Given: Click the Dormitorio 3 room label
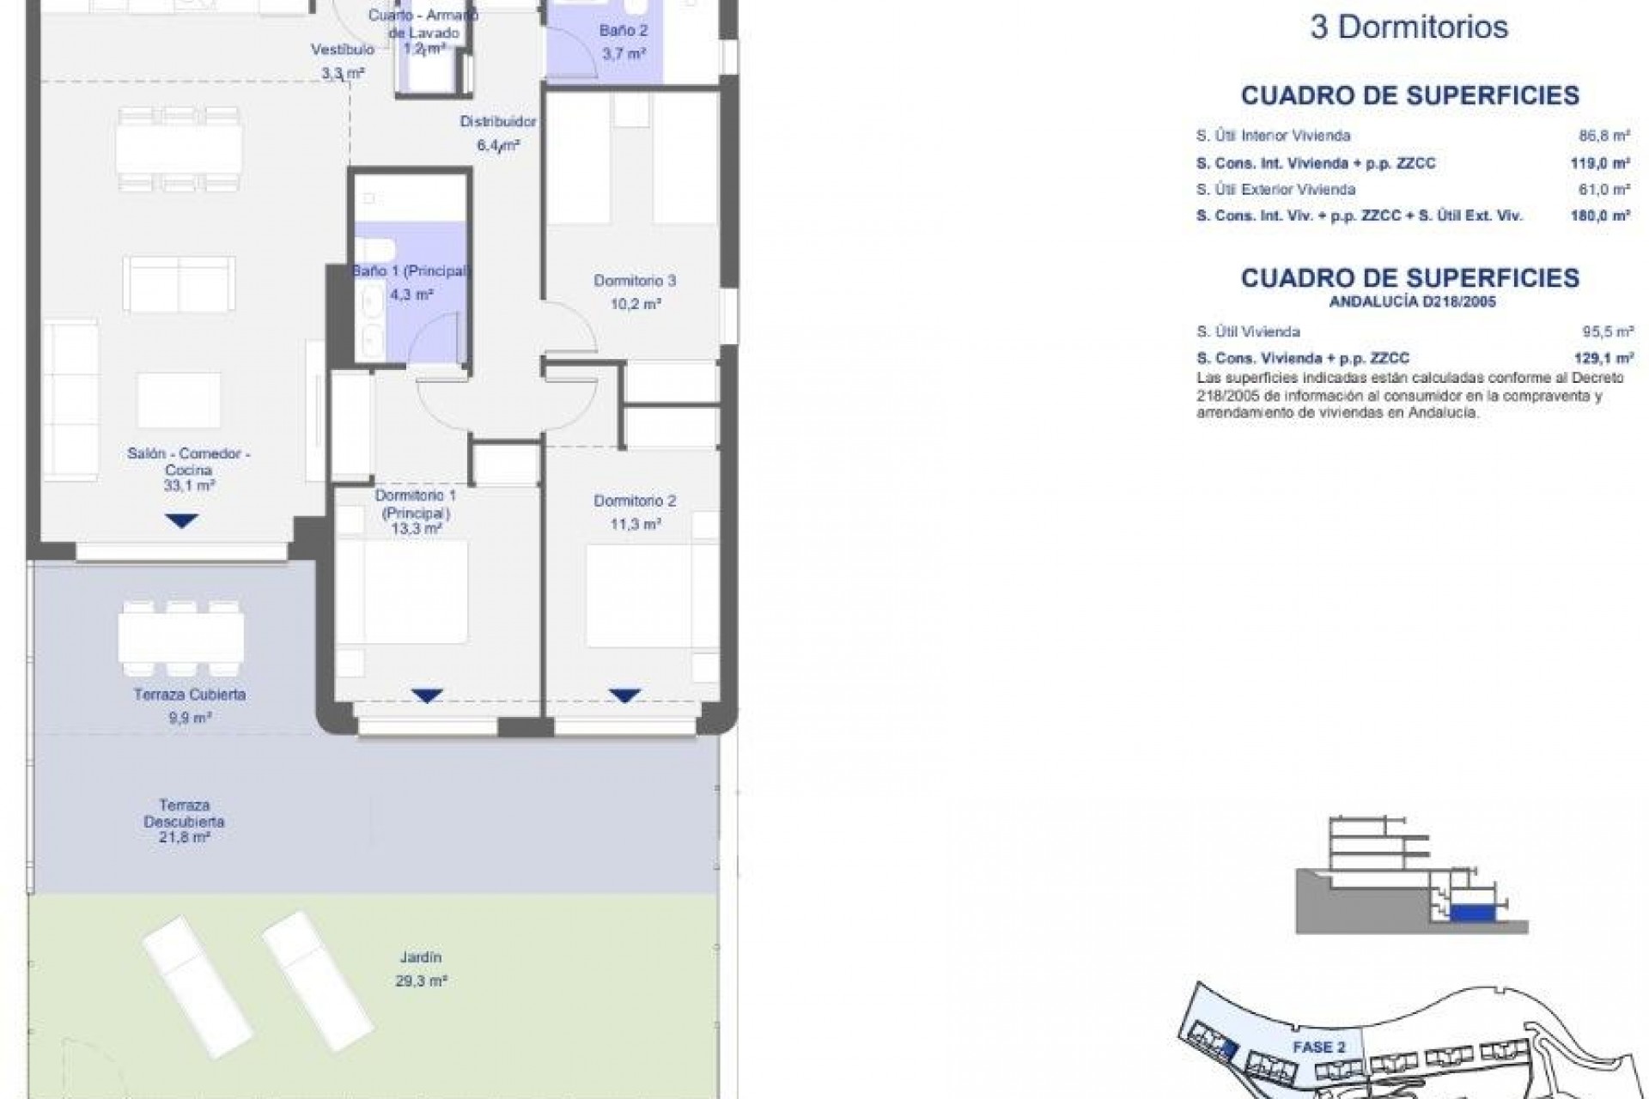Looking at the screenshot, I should pyautogui.click(x=635, y=281).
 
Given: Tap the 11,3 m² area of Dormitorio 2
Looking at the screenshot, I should pyautogui.click(x=636, y=524).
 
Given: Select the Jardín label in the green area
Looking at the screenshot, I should pyautogui.click(x=420, y=957).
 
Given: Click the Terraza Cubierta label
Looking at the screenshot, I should pyautogui.click(x=190, y=695).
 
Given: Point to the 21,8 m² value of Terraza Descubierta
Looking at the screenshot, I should pyautogui.click(x=184, y=836).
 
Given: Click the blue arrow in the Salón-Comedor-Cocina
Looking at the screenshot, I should pyautogui.click(x=181, y=520).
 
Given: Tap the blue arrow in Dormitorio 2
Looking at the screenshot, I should pyautogui.click(x=624, y=695).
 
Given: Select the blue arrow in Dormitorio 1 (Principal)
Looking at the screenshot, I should pyautogui.click(x=427, y=695).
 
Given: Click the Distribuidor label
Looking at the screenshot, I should pyautogui.click(x=498, y=122).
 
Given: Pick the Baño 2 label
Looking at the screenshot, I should pyautogui.click(x=624, y=31).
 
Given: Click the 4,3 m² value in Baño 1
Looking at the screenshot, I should pyautogui.click(x=411, y=294).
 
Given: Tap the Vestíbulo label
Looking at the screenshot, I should pyautogui.click(x=342, y=50).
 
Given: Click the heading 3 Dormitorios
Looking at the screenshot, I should pyautogui.click(x=1409, y=27).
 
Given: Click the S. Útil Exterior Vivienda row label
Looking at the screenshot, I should pyautogui.click(x=1275, y=189).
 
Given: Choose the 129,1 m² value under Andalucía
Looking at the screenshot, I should pyautogui.click(x=1609, y=358).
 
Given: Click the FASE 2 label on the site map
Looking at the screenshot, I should pyautogui.click(x=1318, y=1047).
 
